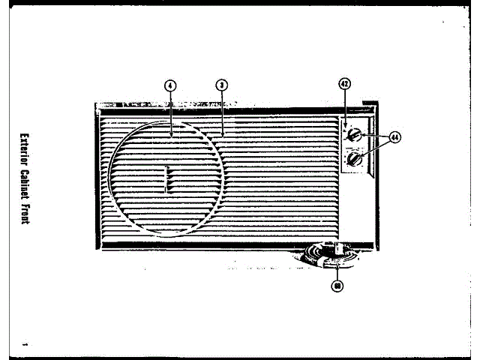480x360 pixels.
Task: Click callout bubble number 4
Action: click(170, 85)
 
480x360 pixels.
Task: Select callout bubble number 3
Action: click(223, 85)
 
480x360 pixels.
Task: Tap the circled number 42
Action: click(345, 85)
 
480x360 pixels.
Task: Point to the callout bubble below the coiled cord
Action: click(337, 286)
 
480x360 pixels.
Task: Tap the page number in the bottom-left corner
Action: click(24, 344)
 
